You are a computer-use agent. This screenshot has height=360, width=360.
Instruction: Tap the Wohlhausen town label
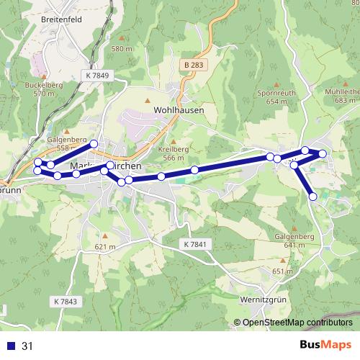179,111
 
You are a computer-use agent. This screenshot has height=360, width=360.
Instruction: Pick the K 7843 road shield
65,300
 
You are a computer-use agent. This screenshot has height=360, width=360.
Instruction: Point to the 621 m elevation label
104,247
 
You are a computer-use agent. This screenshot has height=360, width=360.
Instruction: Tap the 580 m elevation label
122,48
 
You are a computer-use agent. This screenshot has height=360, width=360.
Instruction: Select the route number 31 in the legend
27,346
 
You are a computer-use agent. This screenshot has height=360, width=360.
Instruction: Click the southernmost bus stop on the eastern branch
313,197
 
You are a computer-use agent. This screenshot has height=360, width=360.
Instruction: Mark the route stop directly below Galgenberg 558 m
50,166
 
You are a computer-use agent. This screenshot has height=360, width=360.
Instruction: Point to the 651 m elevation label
279,271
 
